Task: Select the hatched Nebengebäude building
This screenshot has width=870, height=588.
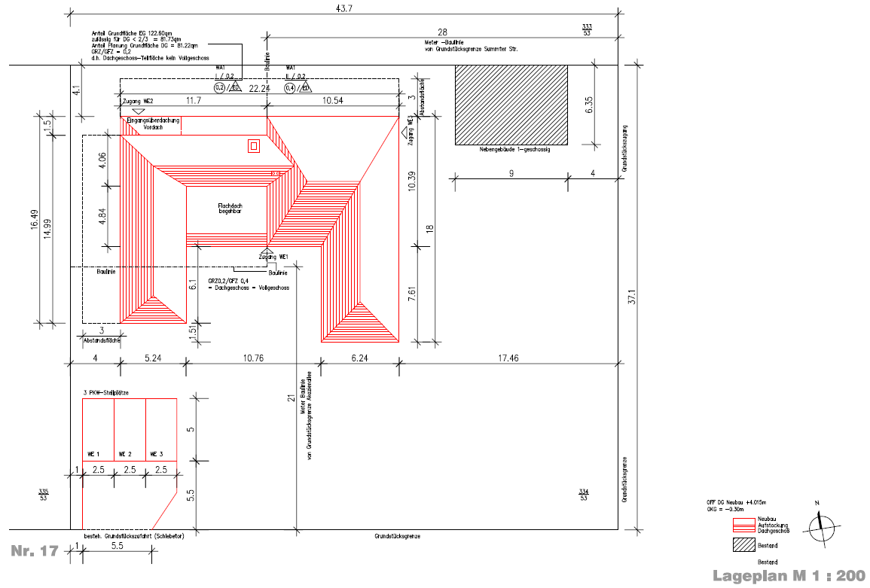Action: pos(511,105)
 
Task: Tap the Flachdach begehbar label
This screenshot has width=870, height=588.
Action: pos(229,209)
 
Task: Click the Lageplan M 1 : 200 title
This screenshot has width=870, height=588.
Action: pos(789,576)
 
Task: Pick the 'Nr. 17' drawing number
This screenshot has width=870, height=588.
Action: pos(35,552)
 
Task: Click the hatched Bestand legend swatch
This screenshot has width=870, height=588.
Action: pos(744,545)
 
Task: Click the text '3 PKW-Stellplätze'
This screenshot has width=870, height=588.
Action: pos(105,393)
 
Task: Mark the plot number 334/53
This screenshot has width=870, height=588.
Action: pos(584,495)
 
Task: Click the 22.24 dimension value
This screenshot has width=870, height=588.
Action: pos(259,89)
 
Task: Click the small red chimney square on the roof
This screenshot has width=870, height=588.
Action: pos(254,145)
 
